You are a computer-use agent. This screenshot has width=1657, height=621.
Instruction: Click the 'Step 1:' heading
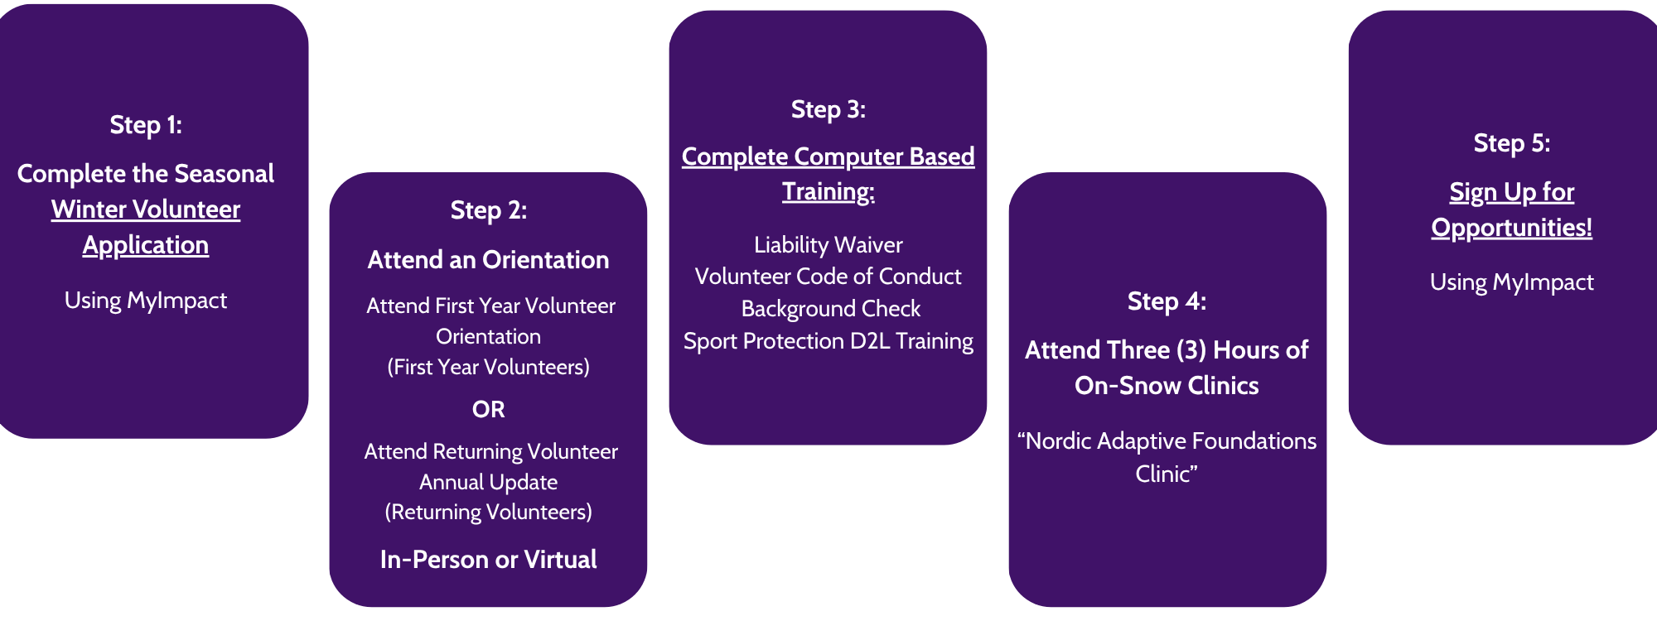(x=146, y=125)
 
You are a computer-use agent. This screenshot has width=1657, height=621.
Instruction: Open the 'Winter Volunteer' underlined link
(x=146, y=209)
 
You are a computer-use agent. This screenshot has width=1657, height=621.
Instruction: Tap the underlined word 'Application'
(x=146, y=245)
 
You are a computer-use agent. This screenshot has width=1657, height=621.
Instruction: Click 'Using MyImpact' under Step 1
(x=146, y=300)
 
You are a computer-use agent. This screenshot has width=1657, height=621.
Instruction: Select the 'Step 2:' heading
(x=489, y=210)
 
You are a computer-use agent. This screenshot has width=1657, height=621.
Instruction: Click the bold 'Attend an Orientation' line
(x=489, y=260)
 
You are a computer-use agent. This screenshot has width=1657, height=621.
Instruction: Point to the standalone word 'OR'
(x=489, y=409)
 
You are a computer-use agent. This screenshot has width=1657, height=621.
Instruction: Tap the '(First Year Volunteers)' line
(x=489, y=367)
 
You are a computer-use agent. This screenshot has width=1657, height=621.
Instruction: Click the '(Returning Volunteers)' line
(x=489, y=512)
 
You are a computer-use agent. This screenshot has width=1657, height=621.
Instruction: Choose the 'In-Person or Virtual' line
(x=489, y=560)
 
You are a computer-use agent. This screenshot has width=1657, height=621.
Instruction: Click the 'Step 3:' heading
(x=828, y=109)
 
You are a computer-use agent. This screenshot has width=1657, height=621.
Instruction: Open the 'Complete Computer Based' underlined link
(x=828, y=156)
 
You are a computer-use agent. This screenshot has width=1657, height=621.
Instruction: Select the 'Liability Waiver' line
(x=828, y=245)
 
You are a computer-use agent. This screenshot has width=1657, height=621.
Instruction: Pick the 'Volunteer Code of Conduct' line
(x=828, y=277)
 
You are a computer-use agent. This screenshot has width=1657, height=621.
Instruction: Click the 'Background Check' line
(x=831, y=309)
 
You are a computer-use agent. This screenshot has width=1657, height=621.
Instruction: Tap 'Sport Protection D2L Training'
(x=828, y=341)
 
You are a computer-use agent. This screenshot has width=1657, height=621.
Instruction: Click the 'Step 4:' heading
(x=1167, y=301)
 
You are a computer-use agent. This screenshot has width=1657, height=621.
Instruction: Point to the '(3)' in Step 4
(x=1191, y=350)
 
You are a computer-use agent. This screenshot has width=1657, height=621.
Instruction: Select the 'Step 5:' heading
(x=1512, y=143)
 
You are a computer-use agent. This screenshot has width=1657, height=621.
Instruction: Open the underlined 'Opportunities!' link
(x=1512, y=228)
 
